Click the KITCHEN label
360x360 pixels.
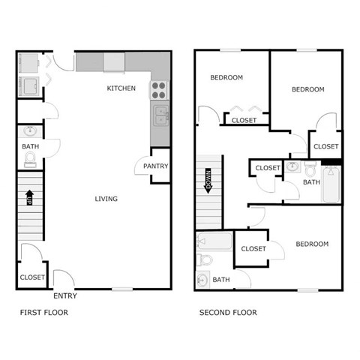[x=121, y=88]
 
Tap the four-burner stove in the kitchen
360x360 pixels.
[x=159, y=91]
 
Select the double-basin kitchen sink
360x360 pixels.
[x=160, y=115]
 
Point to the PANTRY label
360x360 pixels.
[x=155, y=166]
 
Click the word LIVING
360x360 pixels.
[x=106, y=199]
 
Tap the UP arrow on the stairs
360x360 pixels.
[x=29, y=198]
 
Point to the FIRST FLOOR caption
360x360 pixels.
[x=43, y=313]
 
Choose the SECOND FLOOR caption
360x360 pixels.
[x=227, y=313]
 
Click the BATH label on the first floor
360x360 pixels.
[x=31, y=147]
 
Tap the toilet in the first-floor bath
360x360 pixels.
[x=30, y=159]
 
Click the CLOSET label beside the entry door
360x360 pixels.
[x=32, y=277]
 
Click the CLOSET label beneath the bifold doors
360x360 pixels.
[x=244, y=120]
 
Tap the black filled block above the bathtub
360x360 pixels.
[x=331, y=160]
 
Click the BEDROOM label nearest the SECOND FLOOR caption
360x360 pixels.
[x=311, y=244]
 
